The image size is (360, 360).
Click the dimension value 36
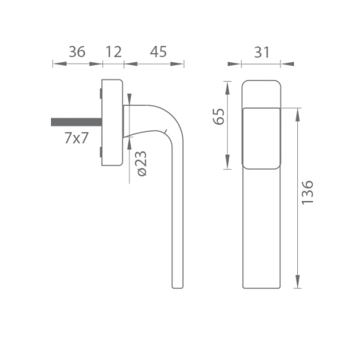tap(77, 52)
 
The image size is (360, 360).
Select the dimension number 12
tap(113, 52)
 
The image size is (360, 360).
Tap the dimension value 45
tap(158, 52)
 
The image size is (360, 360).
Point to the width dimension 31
tap(262, 52)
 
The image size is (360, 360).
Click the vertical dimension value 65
tap(219, 117)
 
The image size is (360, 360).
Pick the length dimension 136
tap(307, 192)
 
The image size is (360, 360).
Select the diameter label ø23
tap(142, 164)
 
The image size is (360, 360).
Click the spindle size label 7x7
tap(77, 137)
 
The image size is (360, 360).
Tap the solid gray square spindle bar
tap(77, 122)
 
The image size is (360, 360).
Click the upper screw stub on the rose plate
tap(101, 94)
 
